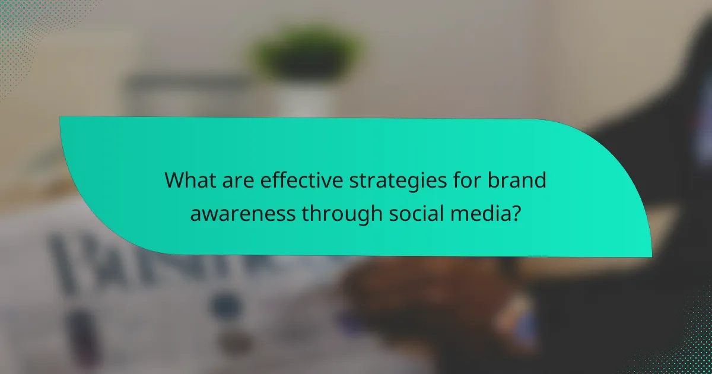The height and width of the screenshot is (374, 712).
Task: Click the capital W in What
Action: (175, 180)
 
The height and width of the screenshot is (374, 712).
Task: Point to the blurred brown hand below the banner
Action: (415, 291)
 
